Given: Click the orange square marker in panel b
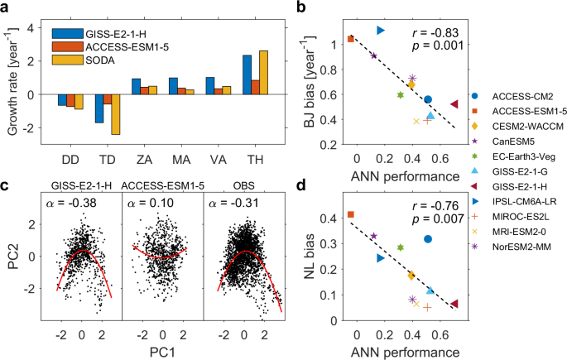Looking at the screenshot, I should point(351,38).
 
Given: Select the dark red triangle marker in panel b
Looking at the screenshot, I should point(454,104).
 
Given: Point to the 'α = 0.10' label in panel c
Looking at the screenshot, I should point(147,203).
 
